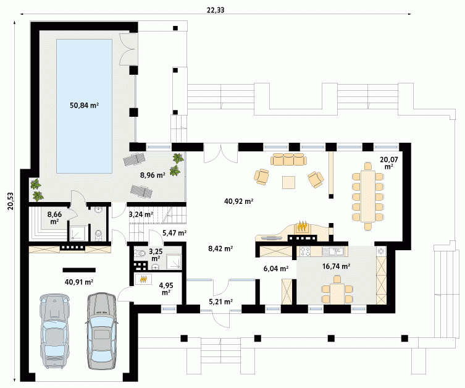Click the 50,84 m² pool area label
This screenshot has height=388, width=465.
(84, 105)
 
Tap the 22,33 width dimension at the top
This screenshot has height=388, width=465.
(216, 10)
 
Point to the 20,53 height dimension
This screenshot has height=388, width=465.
(10, 201)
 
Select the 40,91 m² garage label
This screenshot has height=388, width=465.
(79, 282)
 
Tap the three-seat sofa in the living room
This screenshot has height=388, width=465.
(288, 159)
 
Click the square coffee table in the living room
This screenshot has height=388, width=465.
(288, 182)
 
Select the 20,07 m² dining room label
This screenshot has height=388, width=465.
(389, 163)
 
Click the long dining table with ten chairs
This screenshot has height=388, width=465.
(368, 196)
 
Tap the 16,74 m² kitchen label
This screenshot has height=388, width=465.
(337, 266)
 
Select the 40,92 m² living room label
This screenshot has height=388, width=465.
(238, 201)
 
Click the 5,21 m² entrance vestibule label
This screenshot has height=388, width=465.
(220, 302)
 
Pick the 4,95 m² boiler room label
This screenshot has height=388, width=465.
(166, 289)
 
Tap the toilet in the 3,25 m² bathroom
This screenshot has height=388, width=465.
(140, 254)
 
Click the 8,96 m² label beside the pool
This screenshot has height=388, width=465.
(153, 175)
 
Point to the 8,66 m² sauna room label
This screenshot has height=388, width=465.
(54, 217)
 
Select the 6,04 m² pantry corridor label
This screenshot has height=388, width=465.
(276, 269)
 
